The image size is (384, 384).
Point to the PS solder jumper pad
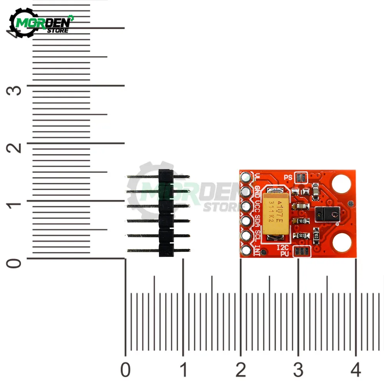tap(302, 177)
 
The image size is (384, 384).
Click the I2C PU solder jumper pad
tap(301, 252)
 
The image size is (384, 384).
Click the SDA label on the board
tap(258, 221)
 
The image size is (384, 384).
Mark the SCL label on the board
tap(258, 235)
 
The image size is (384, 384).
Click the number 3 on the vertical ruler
tap(15, 91)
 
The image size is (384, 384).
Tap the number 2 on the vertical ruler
tap(15, 148)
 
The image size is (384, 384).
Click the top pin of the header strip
tap(157, 177)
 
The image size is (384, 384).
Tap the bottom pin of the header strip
tap(157, 250)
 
